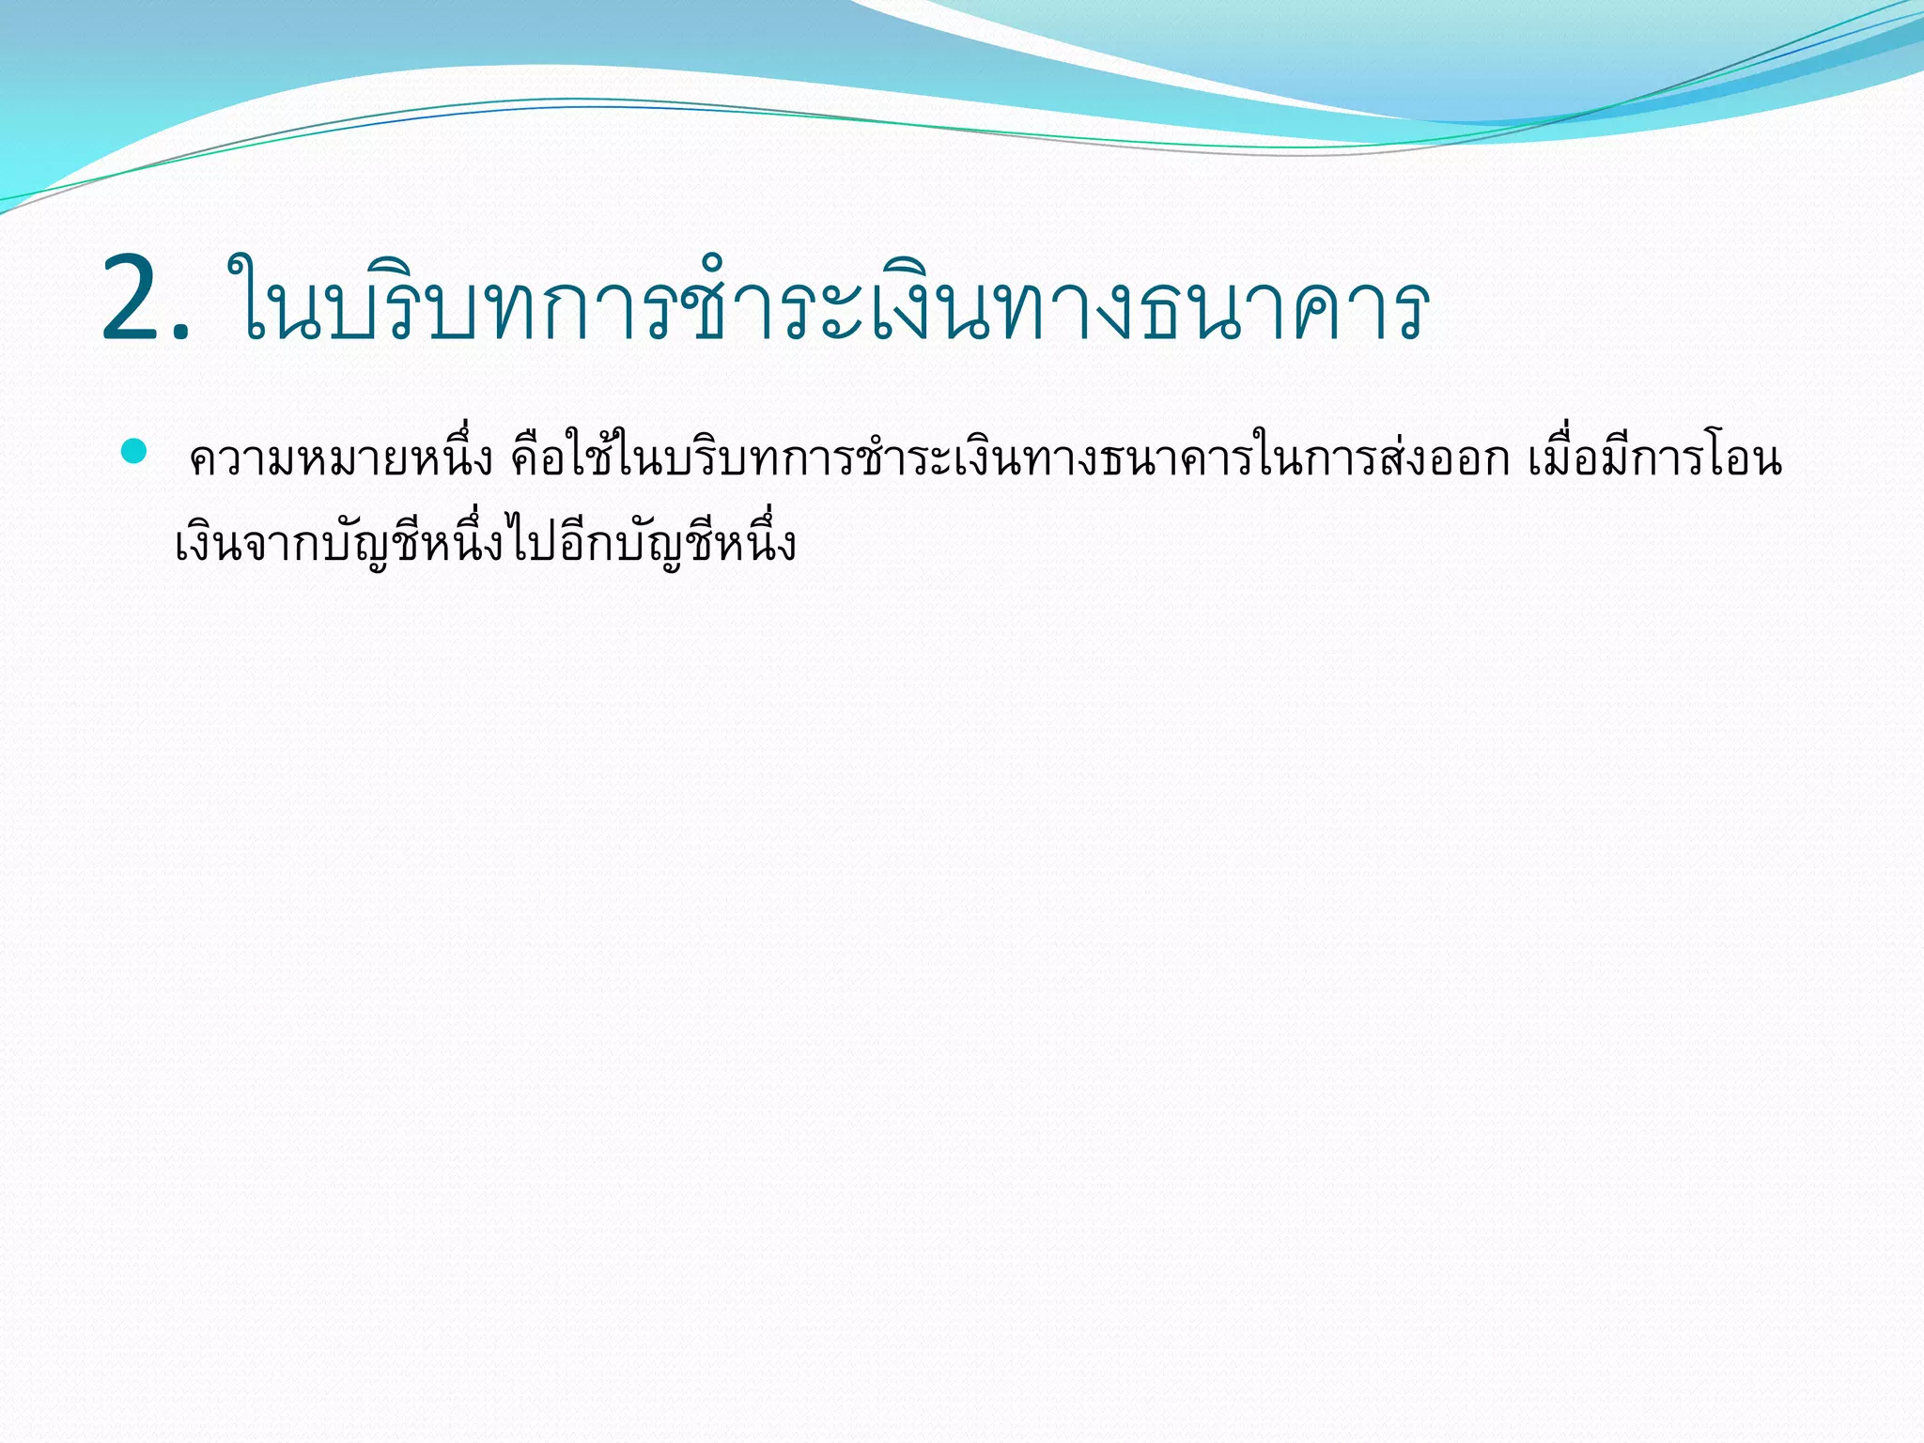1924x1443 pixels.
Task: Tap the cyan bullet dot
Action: [134, 451]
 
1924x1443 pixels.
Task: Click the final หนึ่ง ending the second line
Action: [755, 544]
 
